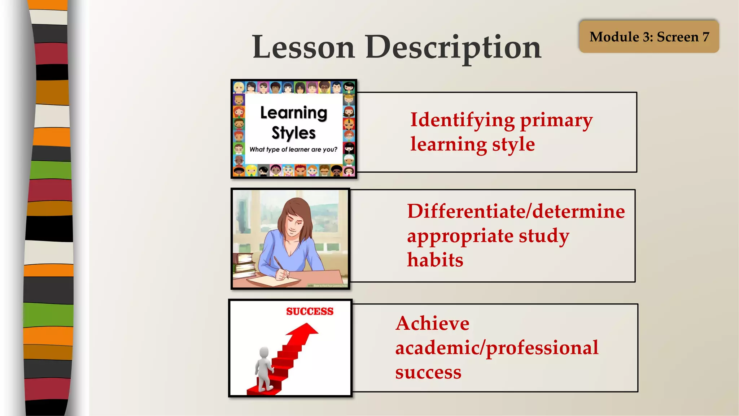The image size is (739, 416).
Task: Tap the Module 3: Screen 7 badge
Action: coord(649,36)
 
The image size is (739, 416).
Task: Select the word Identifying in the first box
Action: coord(462,120)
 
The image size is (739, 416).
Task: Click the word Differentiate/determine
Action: coord(516,211)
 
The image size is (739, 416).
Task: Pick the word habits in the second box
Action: coord(435,260)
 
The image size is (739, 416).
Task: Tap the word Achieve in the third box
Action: coord(432,323)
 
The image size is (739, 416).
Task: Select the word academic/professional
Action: coord(497,348)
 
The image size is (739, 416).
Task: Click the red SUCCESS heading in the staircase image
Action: coord(310,311)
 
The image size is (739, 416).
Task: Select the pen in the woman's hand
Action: coord(280,267)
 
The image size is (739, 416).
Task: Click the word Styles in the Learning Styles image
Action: coord(293,133)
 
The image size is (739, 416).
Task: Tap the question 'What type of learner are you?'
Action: coord(293,149)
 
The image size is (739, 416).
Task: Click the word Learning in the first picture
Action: coord(293,113)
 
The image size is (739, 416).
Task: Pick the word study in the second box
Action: coord(544,236)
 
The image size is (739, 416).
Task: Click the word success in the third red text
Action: coord(428,372)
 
